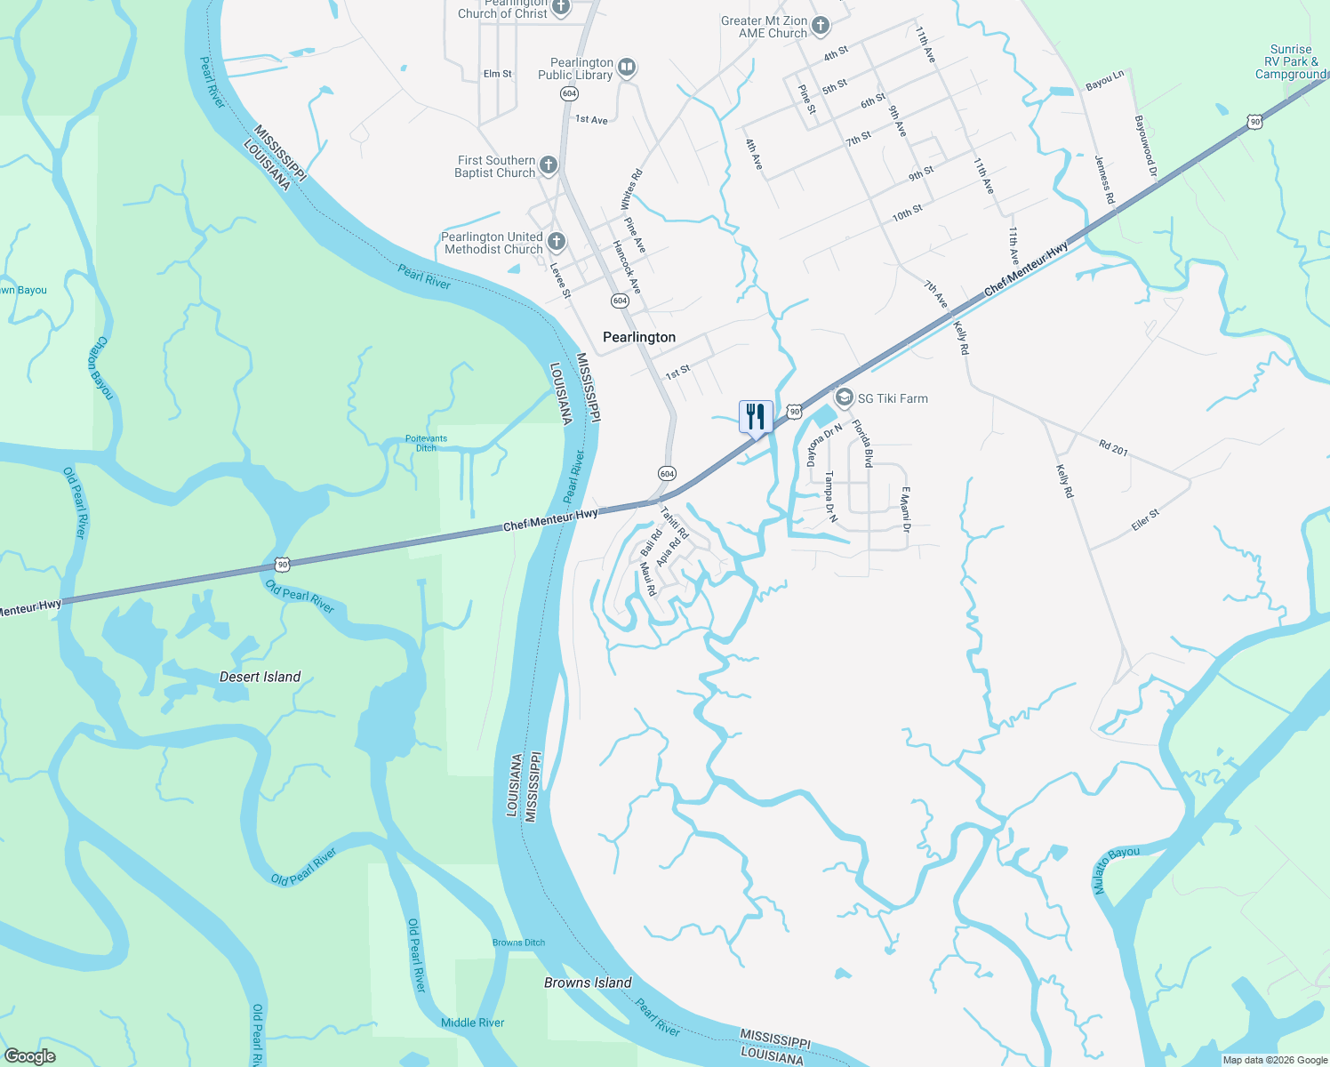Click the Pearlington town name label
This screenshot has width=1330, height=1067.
[x=639, y=337]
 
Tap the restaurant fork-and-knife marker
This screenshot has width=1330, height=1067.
[x=756, y=416]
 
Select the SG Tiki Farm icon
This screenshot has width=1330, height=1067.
[x=844, y=397]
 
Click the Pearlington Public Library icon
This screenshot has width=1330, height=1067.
[x=627, y=68]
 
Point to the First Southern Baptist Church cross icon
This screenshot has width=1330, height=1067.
[x=549, y=164]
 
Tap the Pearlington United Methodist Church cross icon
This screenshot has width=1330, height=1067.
[x=557, y=241]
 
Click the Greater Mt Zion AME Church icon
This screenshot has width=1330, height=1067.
[x=821, y=25]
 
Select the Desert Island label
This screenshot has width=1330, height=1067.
[x=260, y=677]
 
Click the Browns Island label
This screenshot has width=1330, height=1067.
[x=588, y=983]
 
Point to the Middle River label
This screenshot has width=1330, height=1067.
[x=472, y=1023]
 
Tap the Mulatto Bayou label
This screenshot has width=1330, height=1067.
[x=1116, y=870]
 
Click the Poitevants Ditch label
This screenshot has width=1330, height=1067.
[x=426, y=443]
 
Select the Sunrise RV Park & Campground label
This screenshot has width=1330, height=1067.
[x=1291, y=62]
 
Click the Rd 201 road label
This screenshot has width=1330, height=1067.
[x=1113, y=448]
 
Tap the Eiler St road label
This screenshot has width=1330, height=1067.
[x=1145, y=520]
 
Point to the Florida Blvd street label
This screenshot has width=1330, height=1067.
[x=862, y=444]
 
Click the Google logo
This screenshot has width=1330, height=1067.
[x=30, y=1056]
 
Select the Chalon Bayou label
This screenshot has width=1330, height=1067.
[x=100, y=367]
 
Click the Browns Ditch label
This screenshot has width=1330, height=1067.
[x=518, y=943]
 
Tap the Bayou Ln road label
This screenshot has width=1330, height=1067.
[x=1105, y=82]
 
